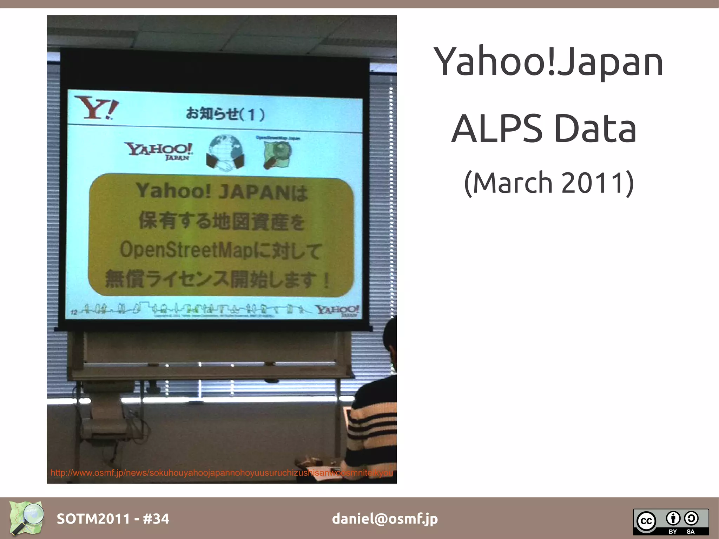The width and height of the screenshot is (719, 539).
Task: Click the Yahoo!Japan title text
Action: [548, 62]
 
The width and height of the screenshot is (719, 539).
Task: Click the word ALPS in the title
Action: [497, 129]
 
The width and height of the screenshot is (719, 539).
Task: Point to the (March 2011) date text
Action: [549, 183]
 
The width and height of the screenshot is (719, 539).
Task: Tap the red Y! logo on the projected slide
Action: [96, 107]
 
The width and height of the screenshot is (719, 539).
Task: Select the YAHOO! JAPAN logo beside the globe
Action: [159, 151]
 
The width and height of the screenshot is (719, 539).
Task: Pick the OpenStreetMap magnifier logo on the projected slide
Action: [277, 153]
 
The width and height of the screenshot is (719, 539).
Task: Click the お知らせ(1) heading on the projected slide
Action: [225, 114]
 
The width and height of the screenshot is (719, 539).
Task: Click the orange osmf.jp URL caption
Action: [222, 473]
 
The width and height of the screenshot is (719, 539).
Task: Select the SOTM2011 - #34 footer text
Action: [113, 519]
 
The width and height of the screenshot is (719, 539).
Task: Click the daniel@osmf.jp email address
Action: [385, 519]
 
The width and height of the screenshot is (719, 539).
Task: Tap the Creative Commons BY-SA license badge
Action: [671, 521]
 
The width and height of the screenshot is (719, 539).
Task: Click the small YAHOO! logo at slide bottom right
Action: [337, 310]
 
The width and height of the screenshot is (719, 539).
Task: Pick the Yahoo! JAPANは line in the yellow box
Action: [222, 192]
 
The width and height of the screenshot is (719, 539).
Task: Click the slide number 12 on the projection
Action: [74, 312]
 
